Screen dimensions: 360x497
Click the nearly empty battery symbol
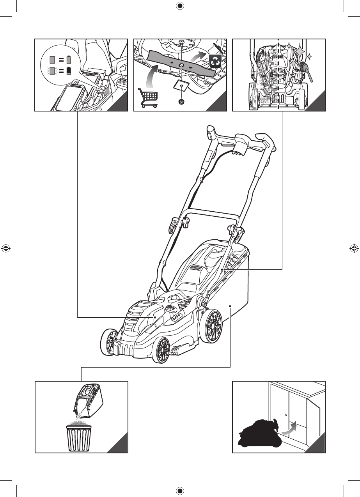(x=69, y=71)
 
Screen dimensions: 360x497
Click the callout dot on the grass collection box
(x=231, y=306)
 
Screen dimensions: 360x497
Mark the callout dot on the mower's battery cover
(x=155, y=318)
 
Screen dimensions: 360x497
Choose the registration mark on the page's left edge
(x=5, y=248)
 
